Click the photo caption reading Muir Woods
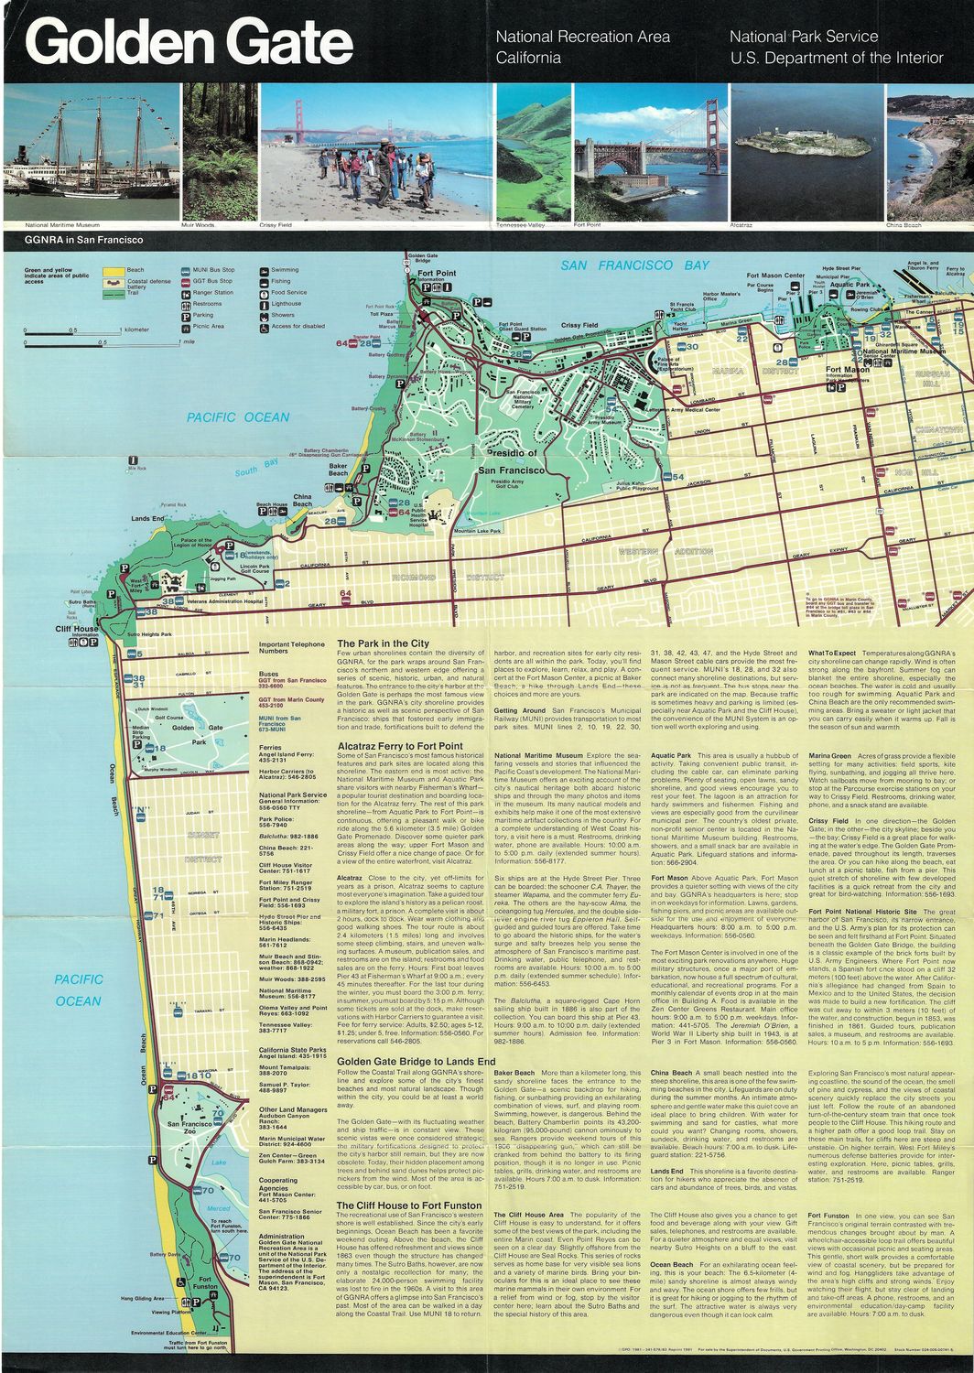(198, 224)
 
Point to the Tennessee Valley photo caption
(520, 224)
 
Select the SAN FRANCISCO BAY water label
(634, 265)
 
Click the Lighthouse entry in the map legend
(287, 303)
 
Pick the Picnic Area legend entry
(208, 325)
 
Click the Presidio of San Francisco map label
(511, 461)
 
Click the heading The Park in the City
(383, 643)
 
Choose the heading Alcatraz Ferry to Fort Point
(400, 746)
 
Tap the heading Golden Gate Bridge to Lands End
(416, 1061)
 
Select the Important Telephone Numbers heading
(291, 648)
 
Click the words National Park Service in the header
(803, 37)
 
